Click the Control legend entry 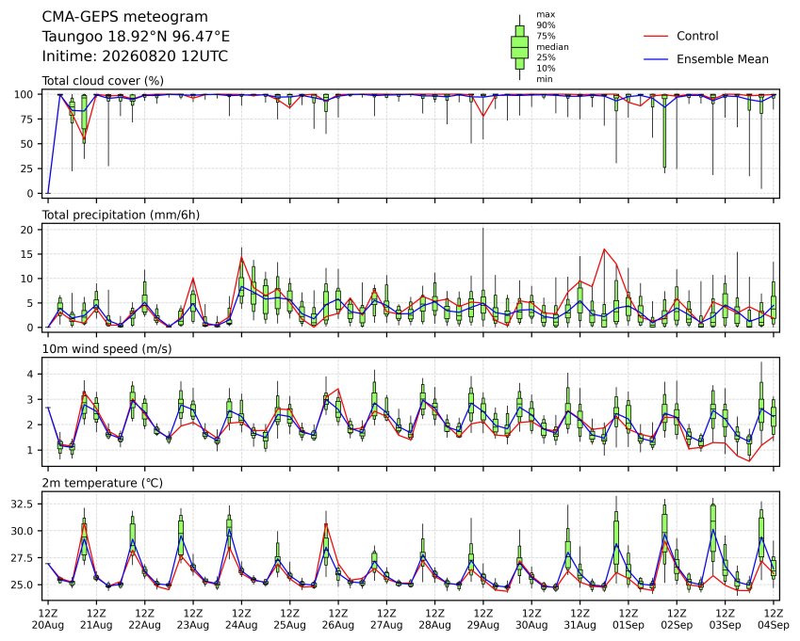coord(697,36)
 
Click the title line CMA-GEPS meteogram coord(125,17)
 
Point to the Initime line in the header coord(135,56)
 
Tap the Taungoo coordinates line coord(136,36)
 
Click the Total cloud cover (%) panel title coord(103,81)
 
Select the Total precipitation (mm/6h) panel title coord(121,215)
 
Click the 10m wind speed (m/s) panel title coord(106,348)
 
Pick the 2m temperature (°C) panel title coord(102,483)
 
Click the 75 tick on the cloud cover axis coord(27,120)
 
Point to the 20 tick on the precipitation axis coord(27,230)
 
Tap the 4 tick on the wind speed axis coord(30,374)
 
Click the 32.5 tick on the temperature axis coord(23,504)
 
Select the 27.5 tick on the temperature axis coord(23,558)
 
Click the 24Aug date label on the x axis coord(241,625)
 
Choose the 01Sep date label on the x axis coord(629,625)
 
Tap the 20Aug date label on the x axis coord(48,625)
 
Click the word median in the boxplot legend coord(552,47)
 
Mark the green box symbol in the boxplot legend coord(519,47)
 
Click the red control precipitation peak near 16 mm coord(604,249)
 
